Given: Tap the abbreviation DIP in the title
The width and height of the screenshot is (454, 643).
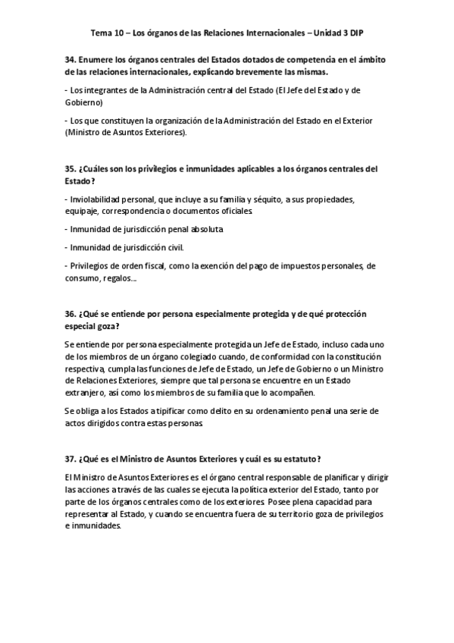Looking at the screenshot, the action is coord(352,34).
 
